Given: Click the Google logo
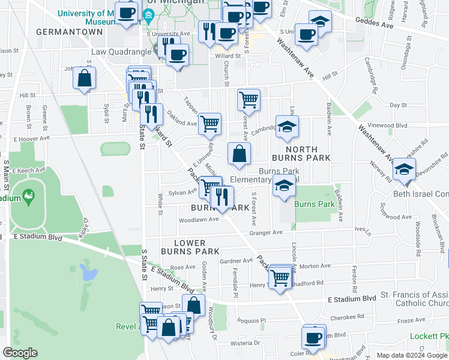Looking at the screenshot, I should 20,353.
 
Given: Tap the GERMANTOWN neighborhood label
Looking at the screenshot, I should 61,31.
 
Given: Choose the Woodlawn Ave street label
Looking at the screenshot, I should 197,220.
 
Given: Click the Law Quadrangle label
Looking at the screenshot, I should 120,52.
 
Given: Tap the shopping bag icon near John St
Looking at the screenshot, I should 85,78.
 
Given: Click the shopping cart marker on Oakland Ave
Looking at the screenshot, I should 209,124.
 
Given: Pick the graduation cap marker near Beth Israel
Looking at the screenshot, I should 405,170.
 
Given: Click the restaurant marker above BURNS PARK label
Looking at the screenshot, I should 222,196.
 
